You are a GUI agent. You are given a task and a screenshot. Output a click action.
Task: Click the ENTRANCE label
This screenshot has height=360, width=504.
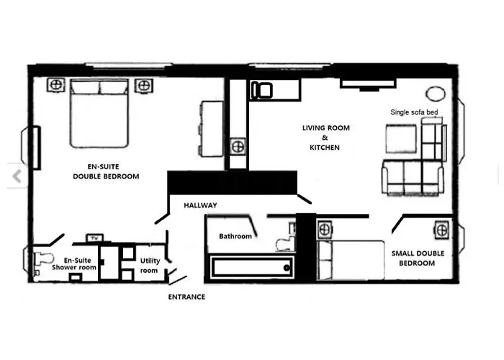coord(186,297)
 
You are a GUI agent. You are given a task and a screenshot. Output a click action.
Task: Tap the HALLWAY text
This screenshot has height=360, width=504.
coord(200,205)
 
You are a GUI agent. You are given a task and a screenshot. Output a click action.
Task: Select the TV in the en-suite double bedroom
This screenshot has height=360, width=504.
coord(94,238)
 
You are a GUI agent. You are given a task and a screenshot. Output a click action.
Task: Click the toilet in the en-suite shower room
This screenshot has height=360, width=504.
coord(43,258)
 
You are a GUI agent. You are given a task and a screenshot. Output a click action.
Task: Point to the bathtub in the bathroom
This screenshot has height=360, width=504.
coord(252,267)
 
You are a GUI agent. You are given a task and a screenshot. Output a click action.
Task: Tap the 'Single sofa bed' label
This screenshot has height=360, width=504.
coord(414,112)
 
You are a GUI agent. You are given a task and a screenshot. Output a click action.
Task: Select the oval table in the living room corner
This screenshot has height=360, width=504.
coord(436,94)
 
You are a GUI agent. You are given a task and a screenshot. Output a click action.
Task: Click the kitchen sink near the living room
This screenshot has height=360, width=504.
coord(261,90)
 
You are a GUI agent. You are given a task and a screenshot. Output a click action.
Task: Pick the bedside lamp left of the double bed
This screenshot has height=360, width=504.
coord(56,85)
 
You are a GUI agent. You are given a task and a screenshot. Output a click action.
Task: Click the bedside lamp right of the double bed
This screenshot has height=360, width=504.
coord(144,86)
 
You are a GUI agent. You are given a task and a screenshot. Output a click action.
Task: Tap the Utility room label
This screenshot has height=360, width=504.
coord(150,266)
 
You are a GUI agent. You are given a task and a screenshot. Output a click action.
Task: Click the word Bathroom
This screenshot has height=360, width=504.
coord(235,236)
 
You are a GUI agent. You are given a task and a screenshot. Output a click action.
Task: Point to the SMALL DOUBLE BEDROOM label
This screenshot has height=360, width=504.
coord(418,258)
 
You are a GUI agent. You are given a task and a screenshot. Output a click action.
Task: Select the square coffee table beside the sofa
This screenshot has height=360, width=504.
coord(402,139)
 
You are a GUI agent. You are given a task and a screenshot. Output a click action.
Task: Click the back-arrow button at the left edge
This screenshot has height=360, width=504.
coord(17,176)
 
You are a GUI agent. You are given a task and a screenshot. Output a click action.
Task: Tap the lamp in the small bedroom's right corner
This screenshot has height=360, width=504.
coord(441,230)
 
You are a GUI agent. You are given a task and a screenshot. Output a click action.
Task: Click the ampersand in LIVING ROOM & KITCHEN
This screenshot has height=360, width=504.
coord(325,138)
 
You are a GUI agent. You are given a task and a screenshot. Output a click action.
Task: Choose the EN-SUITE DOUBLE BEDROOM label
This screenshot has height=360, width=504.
coord(106,171)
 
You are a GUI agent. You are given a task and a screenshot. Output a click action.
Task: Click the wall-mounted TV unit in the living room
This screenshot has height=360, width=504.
coord(368,84)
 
